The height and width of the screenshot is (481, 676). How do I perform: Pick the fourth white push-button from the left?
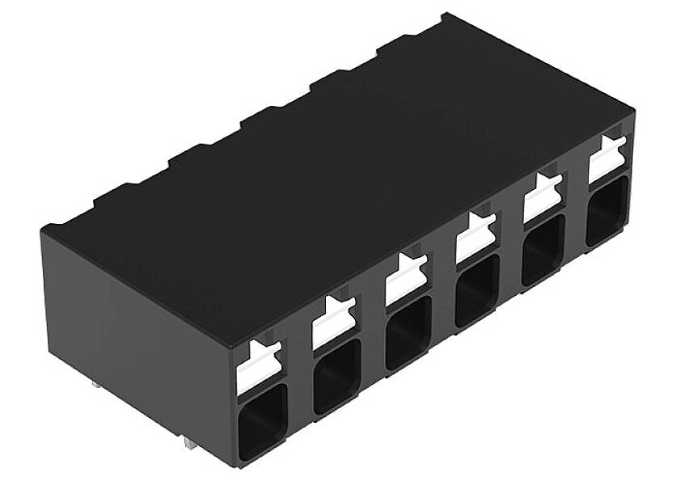click(475, 237)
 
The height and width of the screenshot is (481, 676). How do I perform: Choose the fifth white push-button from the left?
click(542, 196)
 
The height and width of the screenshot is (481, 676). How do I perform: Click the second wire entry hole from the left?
click(336, 375)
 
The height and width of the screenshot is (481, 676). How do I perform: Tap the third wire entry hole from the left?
click(408, 331)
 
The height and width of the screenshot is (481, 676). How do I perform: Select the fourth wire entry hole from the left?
click(477, 289)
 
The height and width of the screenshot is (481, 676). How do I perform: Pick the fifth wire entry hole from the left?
click(543, 248)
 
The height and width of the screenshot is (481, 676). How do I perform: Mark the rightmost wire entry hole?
click(606, 210)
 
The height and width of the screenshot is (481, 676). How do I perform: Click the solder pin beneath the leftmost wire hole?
click(188, 443)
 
